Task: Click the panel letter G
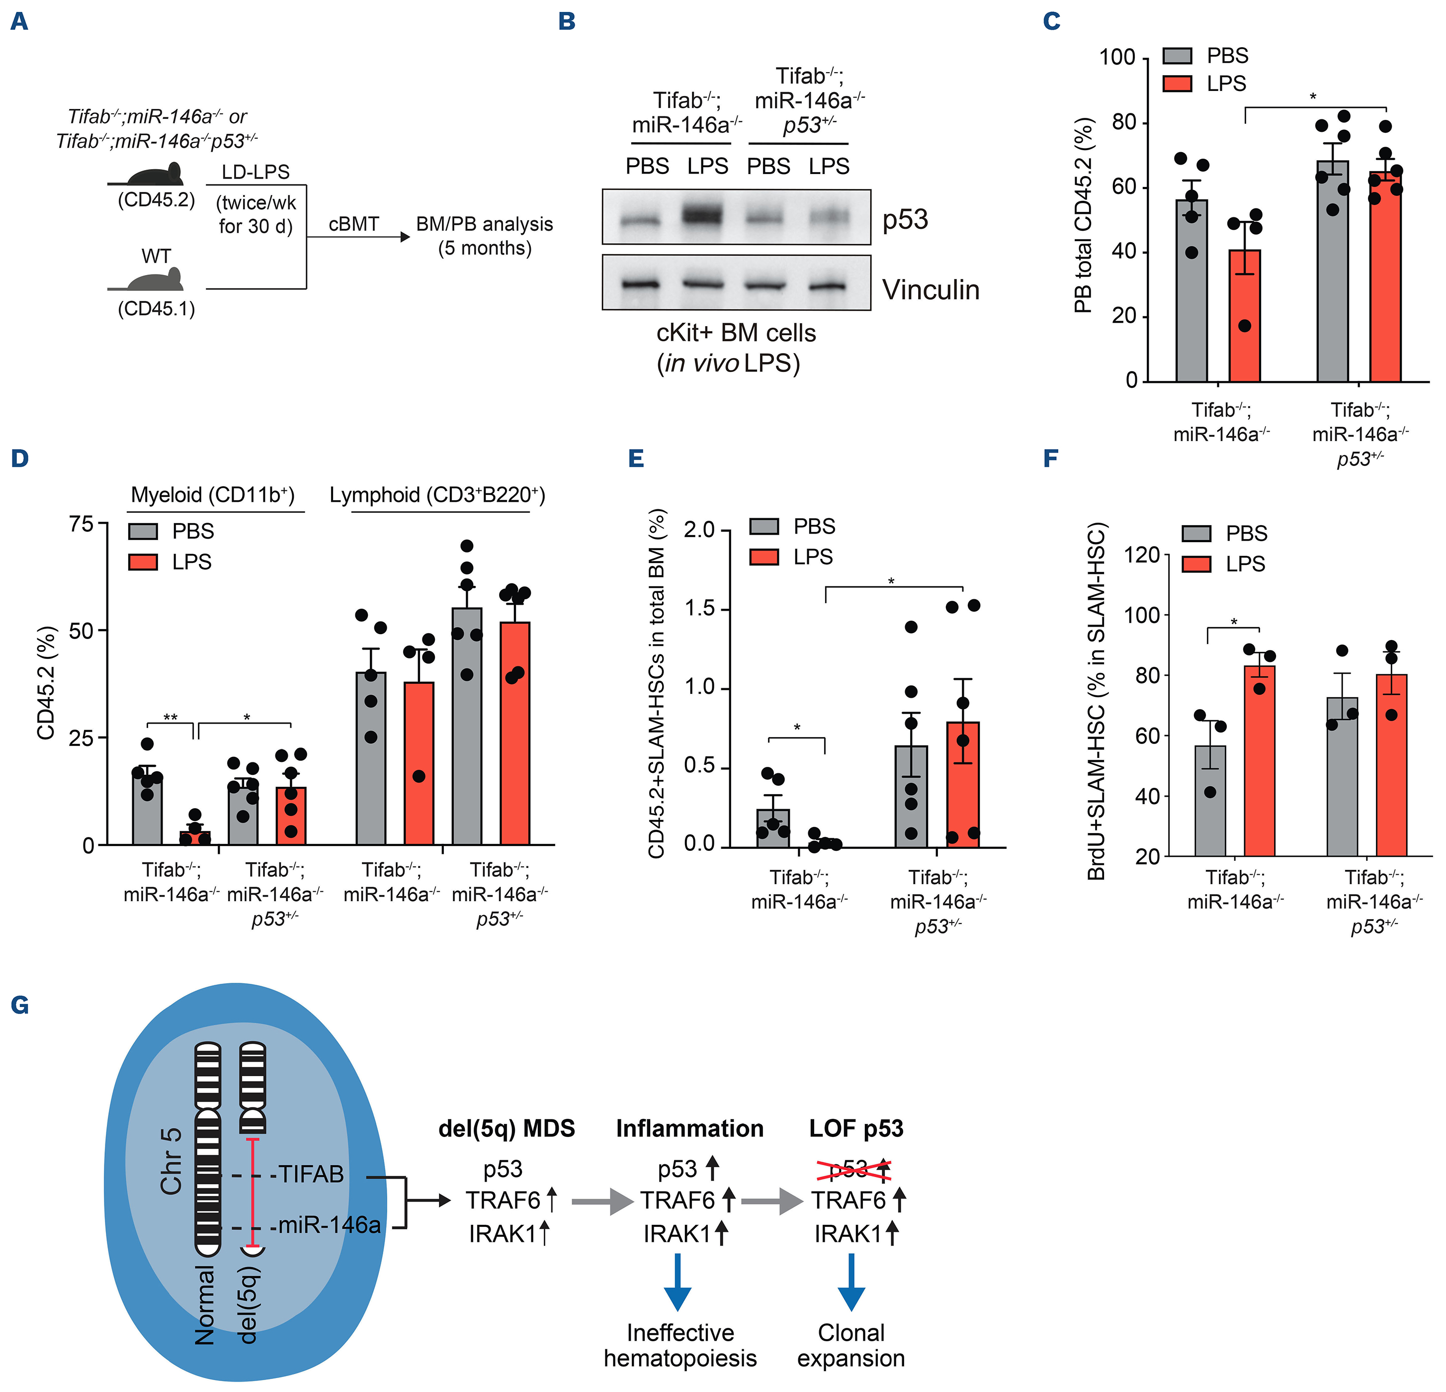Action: (x=20, y=1005)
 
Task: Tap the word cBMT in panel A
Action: (x=353, y=224)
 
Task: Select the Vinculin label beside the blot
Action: (x=931, y=290)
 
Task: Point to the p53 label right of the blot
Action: (x=905, y=219)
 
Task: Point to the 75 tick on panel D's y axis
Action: (x=81, y=524)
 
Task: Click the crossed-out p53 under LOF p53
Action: (x=852, y=1170)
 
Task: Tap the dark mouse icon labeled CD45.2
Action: (x=156, y=175)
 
